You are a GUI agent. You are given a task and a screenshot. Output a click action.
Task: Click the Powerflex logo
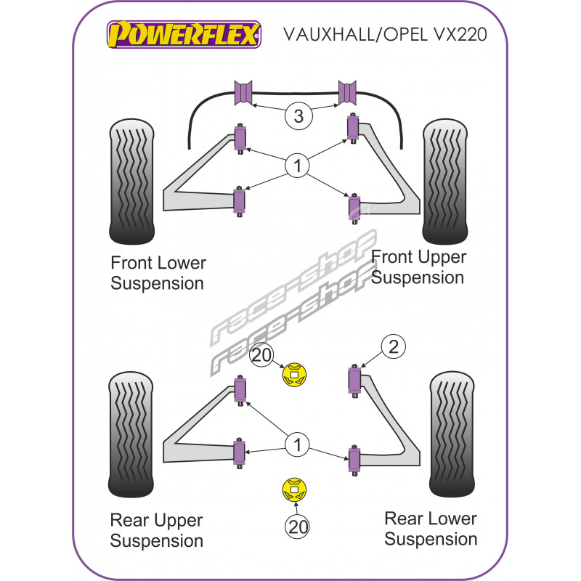[183, 33]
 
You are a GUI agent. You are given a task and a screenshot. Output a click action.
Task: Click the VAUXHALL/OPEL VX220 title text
[383, 35]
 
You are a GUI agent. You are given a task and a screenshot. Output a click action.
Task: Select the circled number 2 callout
[394, 347]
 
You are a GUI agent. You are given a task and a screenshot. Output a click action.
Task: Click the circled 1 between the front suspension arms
[296, 166]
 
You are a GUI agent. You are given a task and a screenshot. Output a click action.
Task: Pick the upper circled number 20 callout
[261, 355]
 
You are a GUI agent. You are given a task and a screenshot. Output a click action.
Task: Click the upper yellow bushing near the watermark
[294, 375]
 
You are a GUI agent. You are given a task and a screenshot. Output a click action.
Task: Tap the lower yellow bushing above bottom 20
[294, 489]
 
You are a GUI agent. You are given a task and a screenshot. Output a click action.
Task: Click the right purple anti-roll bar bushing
[349, 93]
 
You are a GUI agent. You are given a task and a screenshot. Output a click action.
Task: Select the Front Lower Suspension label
[158, 273]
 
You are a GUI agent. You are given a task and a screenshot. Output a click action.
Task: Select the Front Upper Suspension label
[418, 267]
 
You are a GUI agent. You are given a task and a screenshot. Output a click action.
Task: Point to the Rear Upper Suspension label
[157, 530]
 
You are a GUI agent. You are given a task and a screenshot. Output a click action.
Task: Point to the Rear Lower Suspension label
[431, 528]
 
